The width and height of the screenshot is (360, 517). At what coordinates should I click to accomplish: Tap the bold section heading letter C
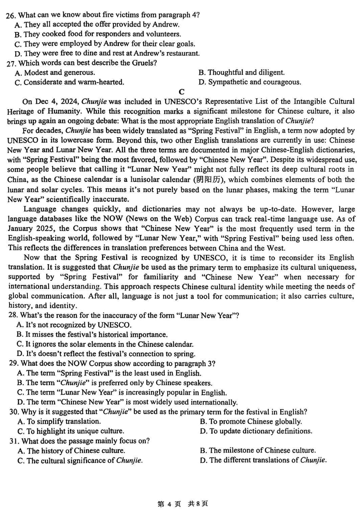pos(182,92)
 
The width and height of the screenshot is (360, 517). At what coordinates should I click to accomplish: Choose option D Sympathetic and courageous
pos(250,82)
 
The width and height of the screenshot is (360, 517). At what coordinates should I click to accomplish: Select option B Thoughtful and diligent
pos(241,72)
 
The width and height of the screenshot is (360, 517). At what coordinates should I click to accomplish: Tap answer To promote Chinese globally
pos(250,421)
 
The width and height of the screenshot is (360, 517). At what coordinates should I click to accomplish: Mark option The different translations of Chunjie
pos(263,460)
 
